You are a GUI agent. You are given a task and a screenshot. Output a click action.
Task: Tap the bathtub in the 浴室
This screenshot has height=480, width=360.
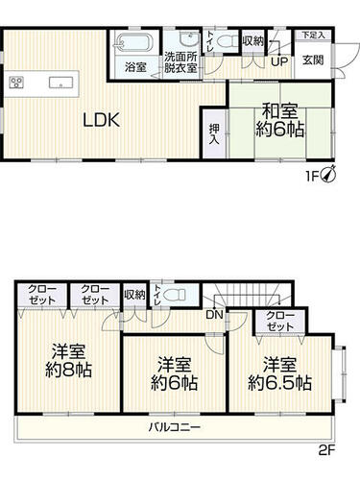[x=133, y=44]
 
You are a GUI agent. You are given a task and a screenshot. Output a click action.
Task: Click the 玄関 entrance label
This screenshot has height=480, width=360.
[x=313, y=60]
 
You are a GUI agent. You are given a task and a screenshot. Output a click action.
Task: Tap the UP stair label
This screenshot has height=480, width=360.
[x=281, y=61]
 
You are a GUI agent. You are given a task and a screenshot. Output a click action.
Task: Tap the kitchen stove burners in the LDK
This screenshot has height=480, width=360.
[x=17, y=82]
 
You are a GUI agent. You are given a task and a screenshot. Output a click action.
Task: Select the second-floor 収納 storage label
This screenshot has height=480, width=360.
[x=135, y=294]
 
